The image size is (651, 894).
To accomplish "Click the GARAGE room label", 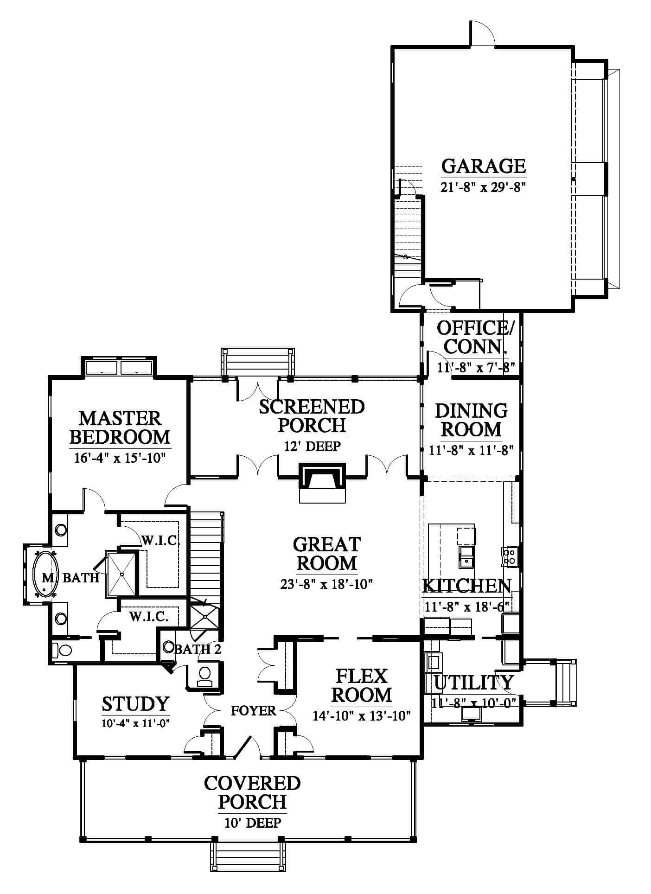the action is pos(483,166).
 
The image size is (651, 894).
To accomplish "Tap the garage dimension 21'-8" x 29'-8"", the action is pos(483,187).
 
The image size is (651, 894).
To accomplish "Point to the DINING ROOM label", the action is pos(471,420).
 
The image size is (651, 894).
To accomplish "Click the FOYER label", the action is pos(253,710).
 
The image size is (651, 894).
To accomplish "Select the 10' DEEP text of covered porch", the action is pos(253,823).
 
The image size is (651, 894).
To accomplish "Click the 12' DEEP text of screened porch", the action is pos(312,446).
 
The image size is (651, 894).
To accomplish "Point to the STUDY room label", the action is pos(135,703).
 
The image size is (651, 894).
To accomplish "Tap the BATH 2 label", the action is pos(198,649).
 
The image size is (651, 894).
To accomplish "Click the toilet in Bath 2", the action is pos(204,677).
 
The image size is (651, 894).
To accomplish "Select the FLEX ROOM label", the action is pos(362,685).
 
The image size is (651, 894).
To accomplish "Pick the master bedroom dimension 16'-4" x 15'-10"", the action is pos(120,458).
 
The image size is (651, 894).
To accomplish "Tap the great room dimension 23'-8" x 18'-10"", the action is pos(327,584).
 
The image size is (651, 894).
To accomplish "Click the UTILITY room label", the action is pos(474,682).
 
